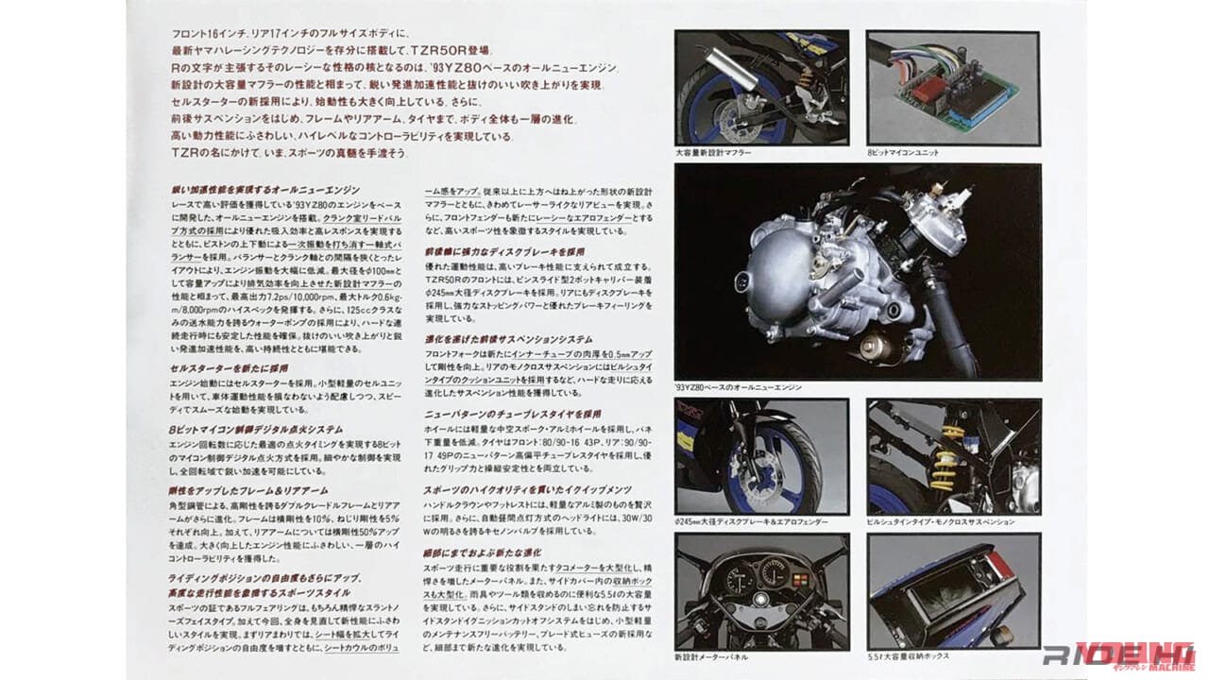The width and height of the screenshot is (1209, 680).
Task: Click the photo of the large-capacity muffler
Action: click(761, 88)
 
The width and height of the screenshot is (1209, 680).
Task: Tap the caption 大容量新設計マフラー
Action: click(713, 153)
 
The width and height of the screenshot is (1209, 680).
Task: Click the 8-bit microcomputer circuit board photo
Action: click(953, 88)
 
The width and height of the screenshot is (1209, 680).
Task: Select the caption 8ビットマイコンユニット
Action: click(903, 153)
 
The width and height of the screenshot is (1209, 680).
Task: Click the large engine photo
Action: click(858, 272)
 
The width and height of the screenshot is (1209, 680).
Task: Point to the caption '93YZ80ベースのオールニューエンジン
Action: click(740, 387)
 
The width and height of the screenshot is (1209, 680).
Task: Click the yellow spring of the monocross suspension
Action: click(944, 458)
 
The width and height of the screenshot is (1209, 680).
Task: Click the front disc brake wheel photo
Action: click(761, 456)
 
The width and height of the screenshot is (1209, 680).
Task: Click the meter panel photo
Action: click(761, 590)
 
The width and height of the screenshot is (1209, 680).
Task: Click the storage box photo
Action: click(953, 590)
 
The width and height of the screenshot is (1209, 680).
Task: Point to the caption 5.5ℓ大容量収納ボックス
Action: click(909, 655)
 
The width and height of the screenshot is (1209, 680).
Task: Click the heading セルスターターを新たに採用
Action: click(230, 368)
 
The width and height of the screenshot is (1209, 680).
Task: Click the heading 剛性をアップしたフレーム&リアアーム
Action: click(248, 490)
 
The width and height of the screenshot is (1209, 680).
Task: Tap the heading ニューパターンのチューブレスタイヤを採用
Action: click(513, 414)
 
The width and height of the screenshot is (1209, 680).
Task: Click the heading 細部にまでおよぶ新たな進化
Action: click(483, 552)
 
